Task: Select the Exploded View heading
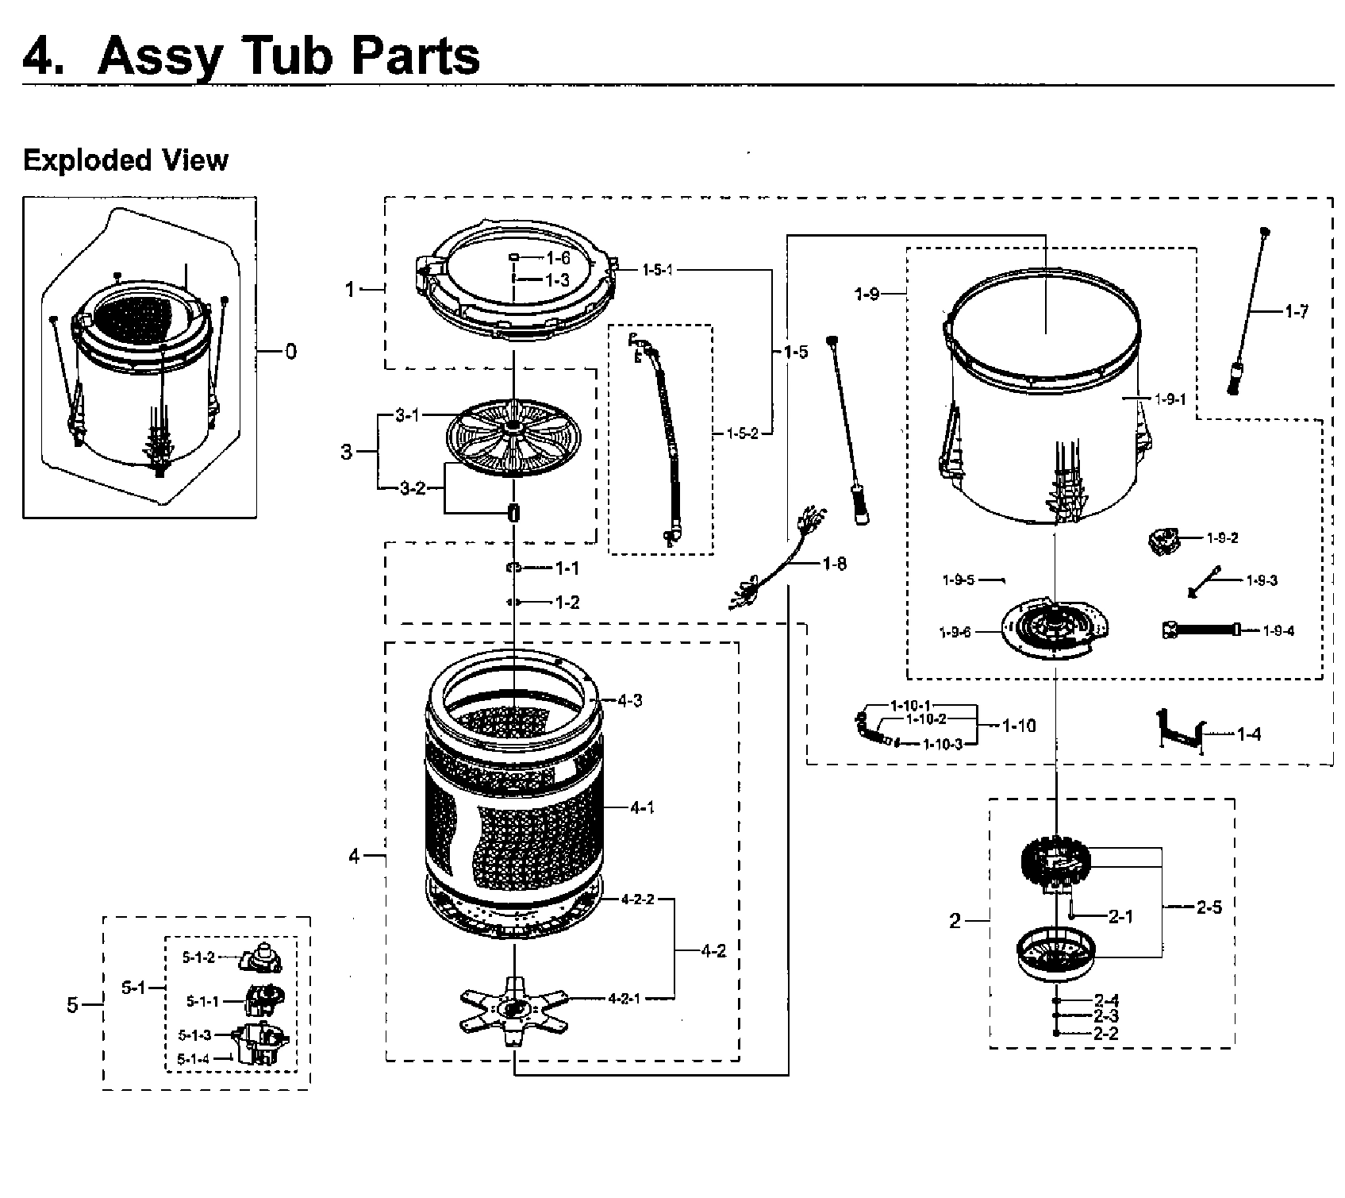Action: (x=125, y=160)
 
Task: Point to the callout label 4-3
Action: (x=629, y=700)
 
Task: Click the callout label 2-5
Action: (x=1209, y=907)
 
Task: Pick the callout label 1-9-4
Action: (x=1278, y=631)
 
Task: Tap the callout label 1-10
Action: (x=1018, y=726)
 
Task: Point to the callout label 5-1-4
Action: (x=194, y=1058)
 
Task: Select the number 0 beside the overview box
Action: (x=291, y=351)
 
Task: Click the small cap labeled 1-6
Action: (x=514, y=257)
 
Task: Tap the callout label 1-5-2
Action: (x=743, y=433)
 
